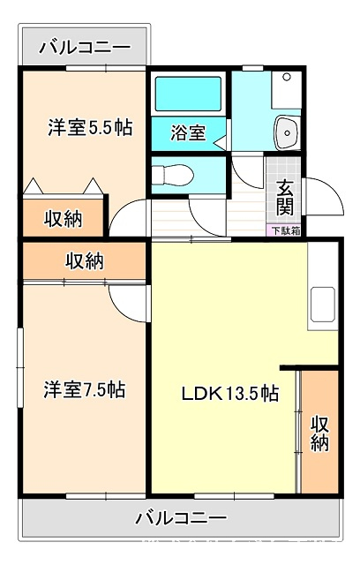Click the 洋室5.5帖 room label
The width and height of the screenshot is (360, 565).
tap(90, 127)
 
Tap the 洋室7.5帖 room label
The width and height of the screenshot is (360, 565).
tap(85, 389)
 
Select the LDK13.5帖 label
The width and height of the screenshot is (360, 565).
tap(230, 394)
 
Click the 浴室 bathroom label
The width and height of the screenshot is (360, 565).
tap(188, 132)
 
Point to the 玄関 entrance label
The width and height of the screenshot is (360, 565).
tap(285, 198)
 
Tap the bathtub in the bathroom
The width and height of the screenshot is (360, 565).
tap(188, 94)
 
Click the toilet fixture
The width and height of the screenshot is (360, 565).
tap(173, 175)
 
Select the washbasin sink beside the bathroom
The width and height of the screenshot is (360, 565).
tap(287, 132)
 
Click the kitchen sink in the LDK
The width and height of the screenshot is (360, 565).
tap(323, 305)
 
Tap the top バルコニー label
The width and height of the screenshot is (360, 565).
tap(85, 48)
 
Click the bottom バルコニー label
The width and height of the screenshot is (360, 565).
tap(181, 518)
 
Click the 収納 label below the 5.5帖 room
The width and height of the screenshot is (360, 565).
tap(63, 219)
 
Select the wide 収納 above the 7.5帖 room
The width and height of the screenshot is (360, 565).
tap(84, 260)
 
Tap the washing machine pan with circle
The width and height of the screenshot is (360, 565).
tap(287, 89)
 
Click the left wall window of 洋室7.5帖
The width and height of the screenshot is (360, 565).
tap(20, 367)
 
